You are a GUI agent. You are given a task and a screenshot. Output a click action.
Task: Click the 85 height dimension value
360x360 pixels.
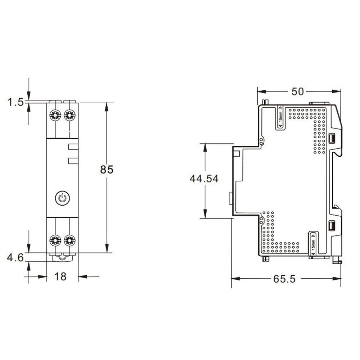point(107,170)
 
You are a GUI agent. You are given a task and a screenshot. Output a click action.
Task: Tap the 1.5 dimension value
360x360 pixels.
point(15,103)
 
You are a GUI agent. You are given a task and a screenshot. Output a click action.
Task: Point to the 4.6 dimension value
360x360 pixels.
point(15,258)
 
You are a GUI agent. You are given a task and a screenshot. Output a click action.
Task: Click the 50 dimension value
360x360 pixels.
point(298,91)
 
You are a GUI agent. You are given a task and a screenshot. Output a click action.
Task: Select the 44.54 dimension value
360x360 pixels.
point(204,179)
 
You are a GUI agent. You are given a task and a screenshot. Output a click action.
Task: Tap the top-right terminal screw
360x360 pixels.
point(69,115)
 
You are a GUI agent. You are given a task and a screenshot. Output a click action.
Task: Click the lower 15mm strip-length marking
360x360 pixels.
point(313,244)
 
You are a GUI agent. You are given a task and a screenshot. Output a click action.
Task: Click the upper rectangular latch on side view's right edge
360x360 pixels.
point(332,138)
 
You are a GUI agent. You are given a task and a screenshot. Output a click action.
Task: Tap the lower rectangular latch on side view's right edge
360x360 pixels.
point(332,225)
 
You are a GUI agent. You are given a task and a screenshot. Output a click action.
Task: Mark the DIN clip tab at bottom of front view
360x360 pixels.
point(63,257)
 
